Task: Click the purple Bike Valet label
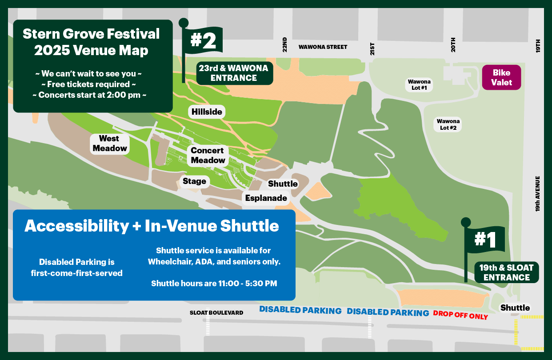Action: [501, 77]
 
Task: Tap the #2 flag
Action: [204, 41]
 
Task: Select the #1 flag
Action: [485, 240]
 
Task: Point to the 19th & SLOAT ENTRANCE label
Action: [507, 272]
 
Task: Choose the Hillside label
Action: [207, 112]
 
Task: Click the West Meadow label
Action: [110, 144]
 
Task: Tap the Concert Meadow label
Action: [208, 155]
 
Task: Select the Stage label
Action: [194, 181]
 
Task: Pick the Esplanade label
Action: [266, 198]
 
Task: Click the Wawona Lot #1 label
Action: [419, 85]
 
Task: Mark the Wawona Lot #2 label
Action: [448, 124]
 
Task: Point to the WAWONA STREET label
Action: [323, 47]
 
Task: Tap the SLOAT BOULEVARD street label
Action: [216, 313]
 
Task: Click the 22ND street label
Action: [285, 45]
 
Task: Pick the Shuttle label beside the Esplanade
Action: [283, 184]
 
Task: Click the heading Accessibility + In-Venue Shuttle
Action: [152, 226]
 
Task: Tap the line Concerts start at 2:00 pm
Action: [93, 95]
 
